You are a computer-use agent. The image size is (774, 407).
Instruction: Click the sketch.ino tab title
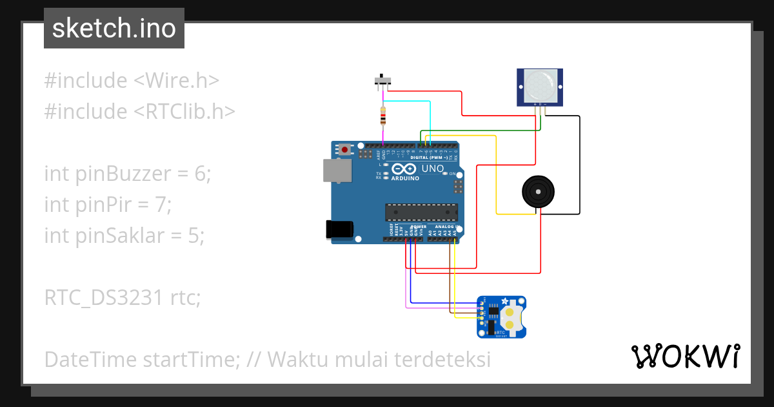coord(114,28)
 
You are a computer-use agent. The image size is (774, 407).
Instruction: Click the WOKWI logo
coord(685,356)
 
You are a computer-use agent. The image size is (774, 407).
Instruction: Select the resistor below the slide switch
coord(384,116)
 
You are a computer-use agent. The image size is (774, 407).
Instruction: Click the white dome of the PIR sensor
coord(540,85)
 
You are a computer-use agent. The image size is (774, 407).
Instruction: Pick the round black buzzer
coord(538,191)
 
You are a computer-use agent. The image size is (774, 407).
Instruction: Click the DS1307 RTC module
coord(501,317)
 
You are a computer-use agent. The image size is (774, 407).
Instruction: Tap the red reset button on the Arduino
coord(346,150)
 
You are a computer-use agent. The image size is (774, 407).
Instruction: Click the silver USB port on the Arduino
coord(337,170)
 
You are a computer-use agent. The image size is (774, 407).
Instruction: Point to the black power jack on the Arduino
coord(338,229)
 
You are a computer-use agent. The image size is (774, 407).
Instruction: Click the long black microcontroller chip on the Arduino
coord(421,212)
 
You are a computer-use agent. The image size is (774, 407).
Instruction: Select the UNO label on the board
coord(432,169)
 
